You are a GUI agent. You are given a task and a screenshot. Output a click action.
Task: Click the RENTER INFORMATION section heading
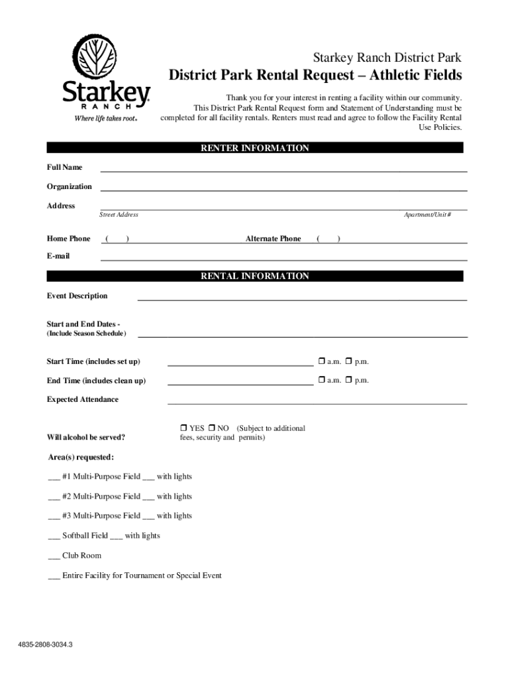point(255,149)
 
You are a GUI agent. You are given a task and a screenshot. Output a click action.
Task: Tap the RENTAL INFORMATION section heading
point(255,276)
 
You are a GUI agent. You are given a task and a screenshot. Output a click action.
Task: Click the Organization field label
point(69,186)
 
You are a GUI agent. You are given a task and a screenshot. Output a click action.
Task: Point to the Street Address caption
point(119,215)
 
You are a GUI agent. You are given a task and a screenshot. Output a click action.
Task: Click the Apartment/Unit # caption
point(428,215)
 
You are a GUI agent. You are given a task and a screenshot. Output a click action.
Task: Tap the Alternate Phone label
point(273,239)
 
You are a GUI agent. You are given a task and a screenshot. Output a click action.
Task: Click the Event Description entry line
point(301,298)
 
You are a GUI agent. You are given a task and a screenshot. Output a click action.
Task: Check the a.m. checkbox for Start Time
point(321,361)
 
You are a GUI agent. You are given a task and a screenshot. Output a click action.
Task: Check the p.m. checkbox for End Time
point(349,380)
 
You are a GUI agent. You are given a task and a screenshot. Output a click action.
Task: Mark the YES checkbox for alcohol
point(183,428)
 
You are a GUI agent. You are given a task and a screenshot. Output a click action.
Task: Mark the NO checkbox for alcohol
point(212,428)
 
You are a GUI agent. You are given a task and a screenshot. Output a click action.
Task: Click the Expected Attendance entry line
point(317,402)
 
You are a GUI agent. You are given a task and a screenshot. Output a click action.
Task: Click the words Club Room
point(82,556)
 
